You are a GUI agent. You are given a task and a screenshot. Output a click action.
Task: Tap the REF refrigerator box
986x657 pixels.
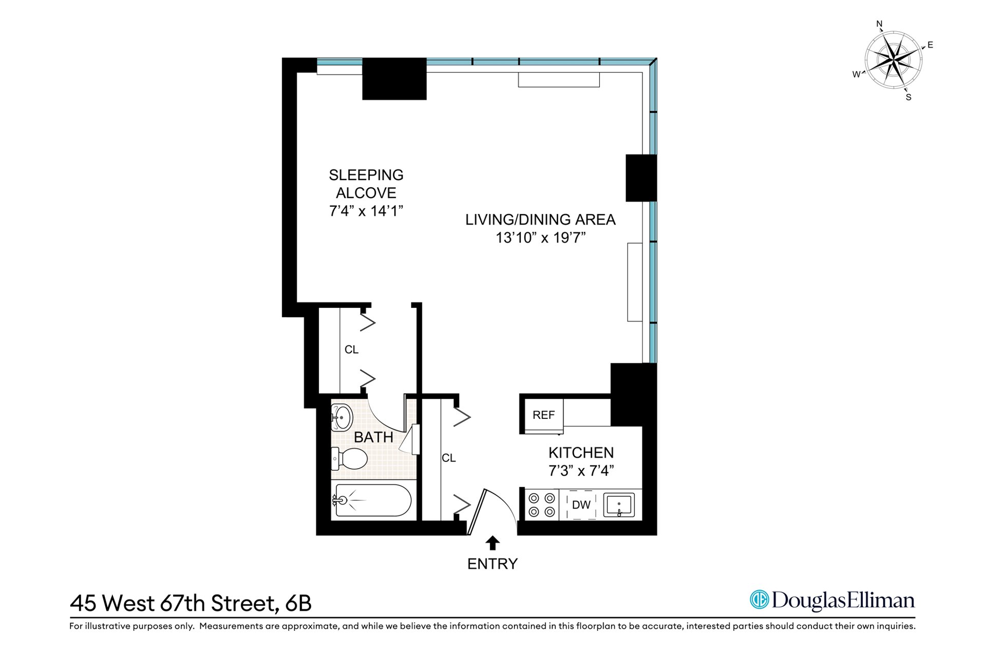click(543, 415)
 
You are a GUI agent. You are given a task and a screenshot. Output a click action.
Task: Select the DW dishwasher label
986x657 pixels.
click(581, 505)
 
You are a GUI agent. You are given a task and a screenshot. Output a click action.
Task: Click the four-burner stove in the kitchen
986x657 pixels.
click(542, 505)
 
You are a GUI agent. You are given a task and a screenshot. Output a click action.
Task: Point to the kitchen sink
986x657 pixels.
click(619, 505)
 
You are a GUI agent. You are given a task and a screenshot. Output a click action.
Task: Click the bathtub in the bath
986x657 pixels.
click(373, 500)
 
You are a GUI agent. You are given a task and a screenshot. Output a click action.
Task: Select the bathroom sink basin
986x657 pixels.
click(342, 417)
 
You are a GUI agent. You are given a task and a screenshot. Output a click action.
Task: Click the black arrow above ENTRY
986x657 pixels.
click(492, 543)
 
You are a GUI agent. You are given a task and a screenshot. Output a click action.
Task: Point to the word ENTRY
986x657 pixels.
click(492, 564)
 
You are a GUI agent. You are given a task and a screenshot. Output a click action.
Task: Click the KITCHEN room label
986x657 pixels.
click(581, 453)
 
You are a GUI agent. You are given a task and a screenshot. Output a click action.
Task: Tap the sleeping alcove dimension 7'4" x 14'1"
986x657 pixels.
click(366, 211)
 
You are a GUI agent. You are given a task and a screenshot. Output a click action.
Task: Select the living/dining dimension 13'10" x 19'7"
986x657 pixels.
click(541, 238)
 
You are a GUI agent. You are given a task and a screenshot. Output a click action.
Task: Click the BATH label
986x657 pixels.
click(374, 437)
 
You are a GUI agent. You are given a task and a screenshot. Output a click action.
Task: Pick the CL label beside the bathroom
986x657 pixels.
click(449, 458)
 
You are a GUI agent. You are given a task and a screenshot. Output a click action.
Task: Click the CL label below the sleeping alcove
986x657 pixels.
click(351, 350)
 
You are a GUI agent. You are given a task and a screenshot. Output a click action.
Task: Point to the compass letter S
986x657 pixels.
click(908, 98)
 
